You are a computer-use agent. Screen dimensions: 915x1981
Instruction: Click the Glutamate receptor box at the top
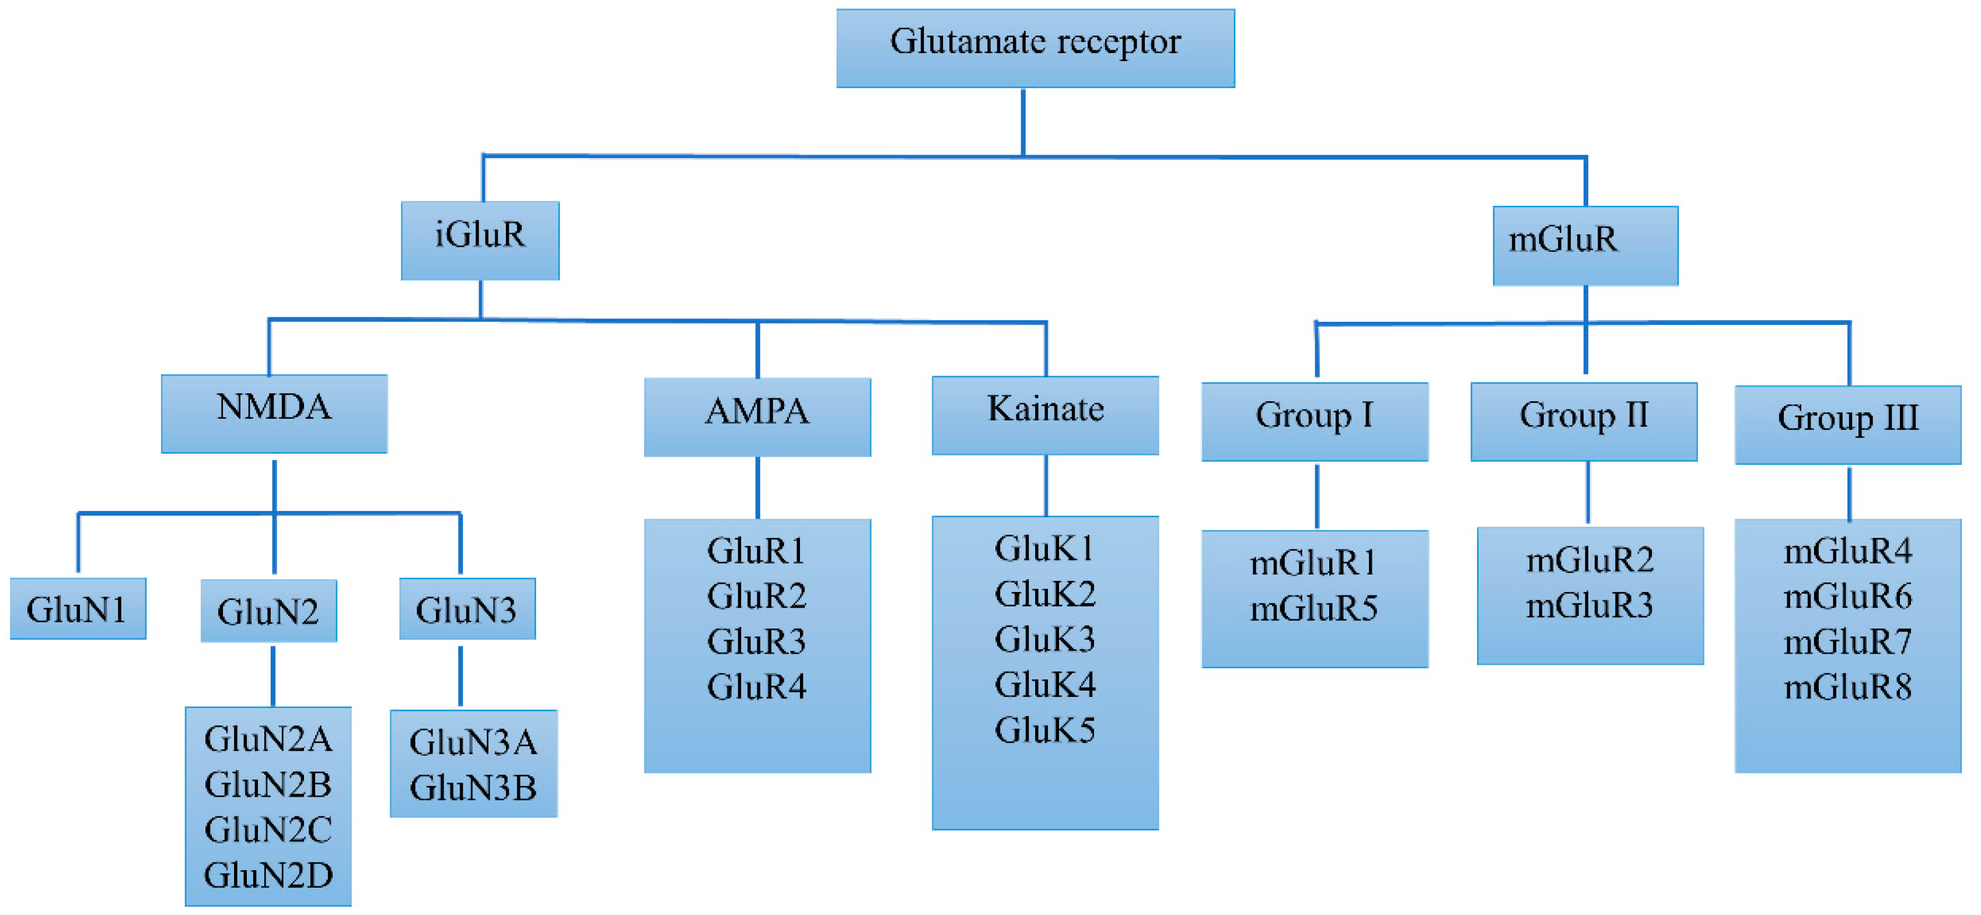1035,48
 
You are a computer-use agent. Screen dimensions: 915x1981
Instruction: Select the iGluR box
480,240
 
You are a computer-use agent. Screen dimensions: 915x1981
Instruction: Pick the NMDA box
274,413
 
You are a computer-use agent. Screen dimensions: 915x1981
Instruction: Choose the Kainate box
1045,415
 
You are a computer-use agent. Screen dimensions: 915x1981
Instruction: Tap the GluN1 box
78,608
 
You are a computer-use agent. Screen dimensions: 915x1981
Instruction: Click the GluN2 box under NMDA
268,611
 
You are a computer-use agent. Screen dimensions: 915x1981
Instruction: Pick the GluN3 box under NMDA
467,608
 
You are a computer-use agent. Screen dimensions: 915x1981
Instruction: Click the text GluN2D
268,875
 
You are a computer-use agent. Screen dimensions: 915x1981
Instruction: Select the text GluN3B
473,787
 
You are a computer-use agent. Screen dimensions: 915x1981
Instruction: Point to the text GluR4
757,686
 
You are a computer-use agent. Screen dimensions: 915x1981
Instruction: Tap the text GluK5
1044,730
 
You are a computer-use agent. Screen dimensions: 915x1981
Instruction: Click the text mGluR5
1313,609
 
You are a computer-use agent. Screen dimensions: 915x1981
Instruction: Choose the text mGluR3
1589,606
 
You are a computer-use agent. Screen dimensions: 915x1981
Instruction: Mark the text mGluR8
1847,686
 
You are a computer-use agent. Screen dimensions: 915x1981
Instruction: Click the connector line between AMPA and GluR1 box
757,488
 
